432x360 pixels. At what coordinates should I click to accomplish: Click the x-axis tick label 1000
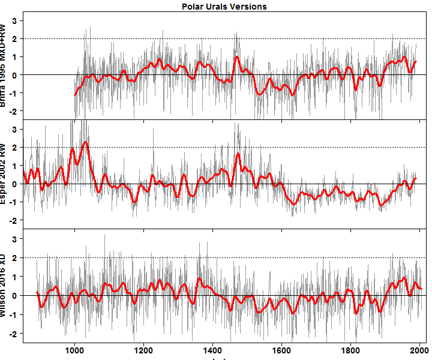tap(74, 349)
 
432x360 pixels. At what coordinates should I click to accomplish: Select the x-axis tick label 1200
tap(143, 349)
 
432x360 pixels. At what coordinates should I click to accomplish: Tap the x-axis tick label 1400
tap(212, 349)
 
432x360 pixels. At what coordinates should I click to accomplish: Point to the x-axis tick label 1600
tap(281, 349)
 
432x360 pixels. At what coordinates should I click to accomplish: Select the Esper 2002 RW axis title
tap(5, 173)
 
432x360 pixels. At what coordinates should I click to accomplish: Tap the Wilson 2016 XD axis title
tap(5, 285)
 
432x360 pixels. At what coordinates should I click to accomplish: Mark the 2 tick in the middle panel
tap(14, 147)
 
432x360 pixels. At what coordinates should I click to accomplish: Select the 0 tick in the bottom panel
tap(14, 295)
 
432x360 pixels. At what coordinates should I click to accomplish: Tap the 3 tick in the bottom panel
tap(14, 239)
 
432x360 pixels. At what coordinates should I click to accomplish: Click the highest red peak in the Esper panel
tap(86, 142)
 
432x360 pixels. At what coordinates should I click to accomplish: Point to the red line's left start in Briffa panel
tap(75, 95)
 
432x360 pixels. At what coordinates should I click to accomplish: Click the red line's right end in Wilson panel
tap(422, 289)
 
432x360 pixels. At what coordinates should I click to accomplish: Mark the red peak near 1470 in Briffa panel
tap(237, 58)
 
